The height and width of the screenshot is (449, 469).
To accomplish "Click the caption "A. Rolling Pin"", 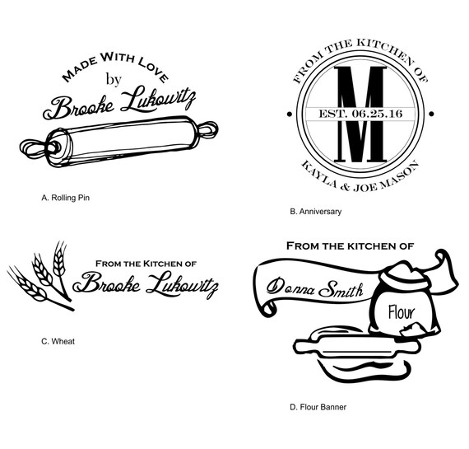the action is (x=66, y=198).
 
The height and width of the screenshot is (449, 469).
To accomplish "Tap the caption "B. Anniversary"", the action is (x=316, y=212).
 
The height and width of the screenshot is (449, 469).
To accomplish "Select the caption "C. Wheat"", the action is (x=58, y=341).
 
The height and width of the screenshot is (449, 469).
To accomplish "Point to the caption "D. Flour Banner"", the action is (x=318, y=407).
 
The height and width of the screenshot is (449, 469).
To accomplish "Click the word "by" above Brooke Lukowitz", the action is (x=114, y=80).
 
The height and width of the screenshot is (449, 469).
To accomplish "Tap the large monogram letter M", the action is (x=360, y=115).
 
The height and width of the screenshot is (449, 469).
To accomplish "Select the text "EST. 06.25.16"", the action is (x=360, y=114).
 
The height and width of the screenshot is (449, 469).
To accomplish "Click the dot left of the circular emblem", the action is (x=290, y=115).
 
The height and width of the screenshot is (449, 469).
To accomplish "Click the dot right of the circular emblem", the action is (x=432, y=115).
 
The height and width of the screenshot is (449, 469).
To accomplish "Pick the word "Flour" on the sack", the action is (x=402, y=313).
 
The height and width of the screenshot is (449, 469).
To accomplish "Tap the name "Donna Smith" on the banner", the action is (x=314, y=288).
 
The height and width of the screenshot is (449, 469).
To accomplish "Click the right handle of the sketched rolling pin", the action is (x=207, y=129).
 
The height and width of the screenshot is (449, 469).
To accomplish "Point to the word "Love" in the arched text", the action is (x=153, y=69).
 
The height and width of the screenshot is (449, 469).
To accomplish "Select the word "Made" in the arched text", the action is (x=79, y=70).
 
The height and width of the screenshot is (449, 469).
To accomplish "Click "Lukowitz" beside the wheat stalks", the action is (x=182, y=284).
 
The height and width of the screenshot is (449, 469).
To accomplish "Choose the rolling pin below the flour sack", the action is (x=357, y=348).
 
